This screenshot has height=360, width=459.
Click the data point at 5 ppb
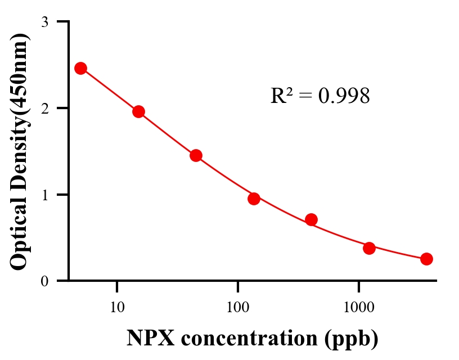(80, 68)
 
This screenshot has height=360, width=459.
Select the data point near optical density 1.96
(138, 111)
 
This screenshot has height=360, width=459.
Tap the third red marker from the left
(196, 155)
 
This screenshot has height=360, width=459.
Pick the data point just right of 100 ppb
(254, 198)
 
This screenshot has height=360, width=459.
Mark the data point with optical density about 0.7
(311, 219)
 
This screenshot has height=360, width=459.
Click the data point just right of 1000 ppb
(369, 248)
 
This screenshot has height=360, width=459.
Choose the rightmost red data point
(426, 259)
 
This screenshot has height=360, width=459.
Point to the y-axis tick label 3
(45, 22)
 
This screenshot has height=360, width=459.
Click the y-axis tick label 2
(45, 108)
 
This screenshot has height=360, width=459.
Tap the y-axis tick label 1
(45, 195)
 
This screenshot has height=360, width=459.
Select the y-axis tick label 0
(45, 281)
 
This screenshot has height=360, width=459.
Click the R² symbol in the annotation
(281, 96)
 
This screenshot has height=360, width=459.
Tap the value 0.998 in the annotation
(344, 96)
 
